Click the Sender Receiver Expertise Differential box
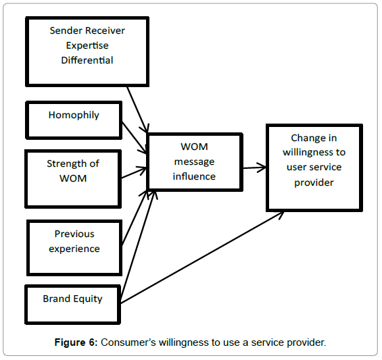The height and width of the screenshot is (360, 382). (87, 51)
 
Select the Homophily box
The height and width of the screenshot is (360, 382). (73, 120)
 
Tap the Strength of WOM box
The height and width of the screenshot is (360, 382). (73, 178)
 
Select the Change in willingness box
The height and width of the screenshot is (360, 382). (314, 168)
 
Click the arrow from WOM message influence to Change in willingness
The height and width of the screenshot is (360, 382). (254, 167)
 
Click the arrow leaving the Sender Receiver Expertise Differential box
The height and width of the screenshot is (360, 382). (138, 108)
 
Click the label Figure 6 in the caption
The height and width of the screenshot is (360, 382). (76, 342)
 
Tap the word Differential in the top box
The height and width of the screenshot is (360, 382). (87, 60)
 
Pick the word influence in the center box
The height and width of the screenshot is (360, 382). (194, 176)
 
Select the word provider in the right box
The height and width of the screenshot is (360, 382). (314, 182)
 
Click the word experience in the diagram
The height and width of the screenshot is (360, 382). (74, 249)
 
